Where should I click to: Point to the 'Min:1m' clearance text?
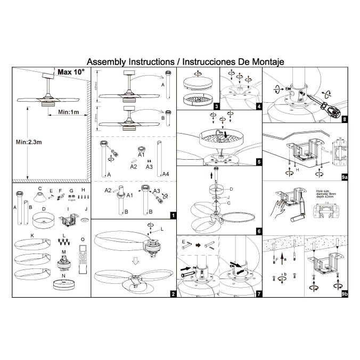(69, 112)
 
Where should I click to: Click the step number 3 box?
(215, 107)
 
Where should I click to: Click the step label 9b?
(343, 293)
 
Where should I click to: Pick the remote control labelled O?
(81, 261)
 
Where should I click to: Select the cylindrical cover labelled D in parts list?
(45, 219)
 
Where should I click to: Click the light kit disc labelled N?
(64, 285)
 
